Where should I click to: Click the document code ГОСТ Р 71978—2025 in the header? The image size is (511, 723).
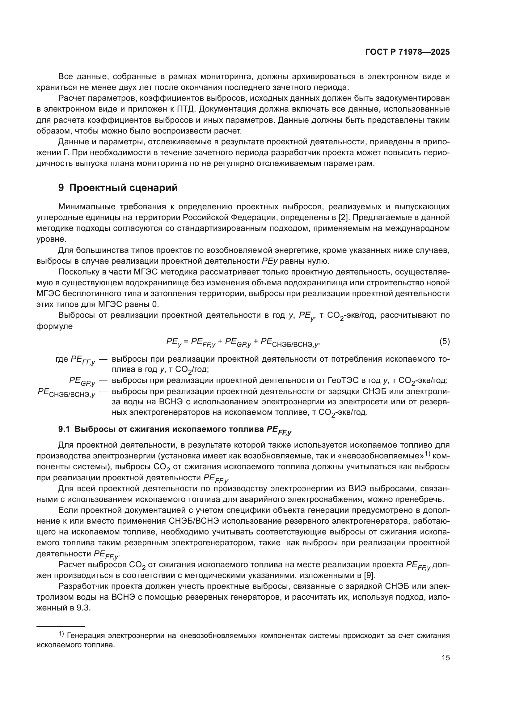(408, 52)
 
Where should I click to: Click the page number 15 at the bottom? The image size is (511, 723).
(446, 657)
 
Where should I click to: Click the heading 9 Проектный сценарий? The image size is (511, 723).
(118, 188)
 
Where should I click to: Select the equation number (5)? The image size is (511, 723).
(444, 341)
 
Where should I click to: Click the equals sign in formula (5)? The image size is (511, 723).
(186, 342)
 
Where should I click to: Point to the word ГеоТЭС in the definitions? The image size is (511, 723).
(343, 381)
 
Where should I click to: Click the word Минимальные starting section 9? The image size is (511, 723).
(87, 206)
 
